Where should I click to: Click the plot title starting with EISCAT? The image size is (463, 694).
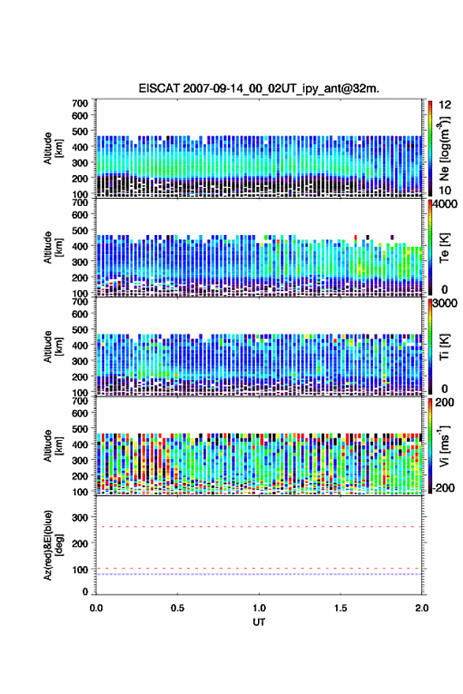[x=259, y=88]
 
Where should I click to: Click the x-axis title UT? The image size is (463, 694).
[x=259, y=622]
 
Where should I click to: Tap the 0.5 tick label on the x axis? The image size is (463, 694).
[x=177, y=608]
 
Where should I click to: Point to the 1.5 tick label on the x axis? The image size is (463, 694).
[x=341, y=608]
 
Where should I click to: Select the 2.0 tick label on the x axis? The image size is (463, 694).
[x=422, y=608]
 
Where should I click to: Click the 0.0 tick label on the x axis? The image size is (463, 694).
[x=96, y=608]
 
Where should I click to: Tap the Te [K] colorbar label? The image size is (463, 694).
[x=444, y=248]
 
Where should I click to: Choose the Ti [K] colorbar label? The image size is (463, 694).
[x=444, y=347]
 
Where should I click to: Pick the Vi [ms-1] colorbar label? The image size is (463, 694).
[x=444, y=446]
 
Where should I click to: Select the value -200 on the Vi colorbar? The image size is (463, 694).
[x=443, y=487]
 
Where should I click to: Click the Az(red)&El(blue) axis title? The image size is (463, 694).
[x=53, y=545]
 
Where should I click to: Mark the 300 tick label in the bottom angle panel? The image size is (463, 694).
[x=80, y=517]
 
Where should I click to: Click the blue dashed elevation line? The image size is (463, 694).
[x=259, y=574]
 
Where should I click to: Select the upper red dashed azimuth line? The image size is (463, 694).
[x=259, y=527]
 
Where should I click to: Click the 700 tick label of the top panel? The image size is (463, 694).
[x=80, y=103]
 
